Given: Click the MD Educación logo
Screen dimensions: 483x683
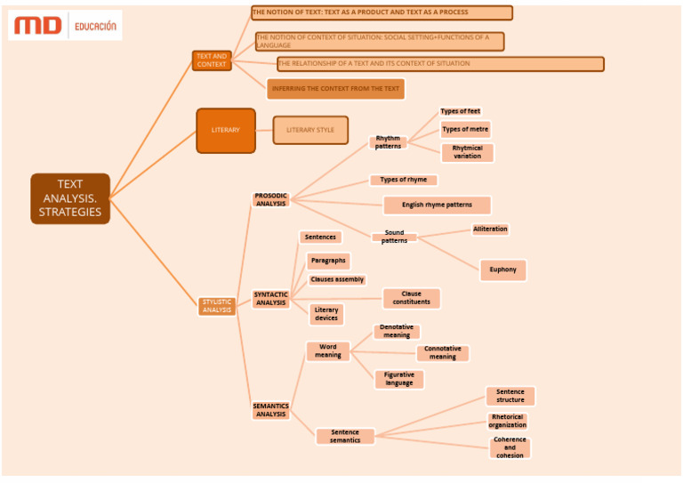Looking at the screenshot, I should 65,26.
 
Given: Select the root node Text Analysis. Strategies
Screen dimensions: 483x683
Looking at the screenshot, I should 70,198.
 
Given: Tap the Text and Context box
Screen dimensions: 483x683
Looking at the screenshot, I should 212,60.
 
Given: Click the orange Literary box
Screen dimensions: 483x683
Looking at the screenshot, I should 226,130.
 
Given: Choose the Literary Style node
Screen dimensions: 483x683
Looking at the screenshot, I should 310,130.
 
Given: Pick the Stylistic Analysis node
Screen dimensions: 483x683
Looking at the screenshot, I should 217,306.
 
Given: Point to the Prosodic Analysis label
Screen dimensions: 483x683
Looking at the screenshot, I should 271,199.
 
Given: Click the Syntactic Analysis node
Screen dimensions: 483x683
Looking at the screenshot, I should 271,299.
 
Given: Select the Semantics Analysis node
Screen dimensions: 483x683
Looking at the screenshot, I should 271,410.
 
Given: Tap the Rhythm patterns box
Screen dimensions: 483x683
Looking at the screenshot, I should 388,142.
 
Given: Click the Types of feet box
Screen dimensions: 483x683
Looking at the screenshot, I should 461,111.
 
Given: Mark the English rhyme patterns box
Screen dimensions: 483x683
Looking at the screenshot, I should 437,205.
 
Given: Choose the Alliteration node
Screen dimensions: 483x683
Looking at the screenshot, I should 490,229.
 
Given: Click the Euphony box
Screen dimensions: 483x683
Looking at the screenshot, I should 502,270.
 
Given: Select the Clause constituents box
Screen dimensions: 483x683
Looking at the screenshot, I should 411,298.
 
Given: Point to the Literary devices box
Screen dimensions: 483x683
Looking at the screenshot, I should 326,314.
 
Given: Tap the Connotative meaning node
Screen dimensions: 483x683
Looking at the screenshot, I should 442,353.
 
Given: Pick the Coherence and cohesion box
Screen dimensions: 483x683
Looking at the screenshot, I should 510,447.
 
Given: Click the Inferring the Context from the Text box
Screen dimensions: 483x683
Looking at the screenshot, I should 335,89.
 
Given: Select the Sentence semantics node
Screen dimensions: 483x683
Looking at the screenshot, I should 345,436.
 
